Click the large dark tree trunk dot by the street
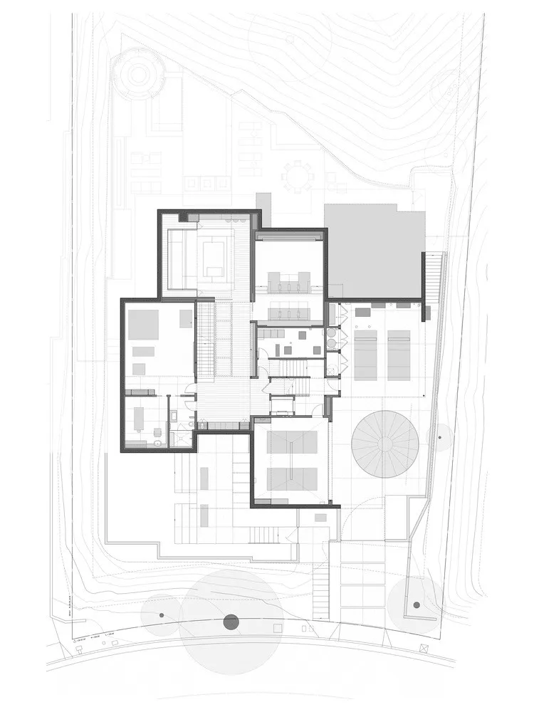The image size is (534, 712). pos(231,622)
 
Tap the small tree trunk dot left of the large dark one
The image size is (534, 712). pos(162,614)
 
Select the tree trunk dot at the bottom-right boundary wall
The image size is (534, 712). pos(417,605)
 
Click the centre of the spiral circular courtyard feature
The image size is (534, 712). pos(384,444)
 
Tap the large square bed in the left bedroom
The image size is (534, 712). pos(143,324)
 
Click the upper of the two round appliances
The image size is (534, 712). pos(332,332)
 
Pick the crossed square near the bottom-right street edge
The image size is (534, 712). pos(424,646)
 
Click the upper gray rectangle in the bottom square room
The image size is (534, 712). pos(292,441)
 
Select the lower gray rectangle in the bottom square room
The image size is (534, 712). pos(292,478)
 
